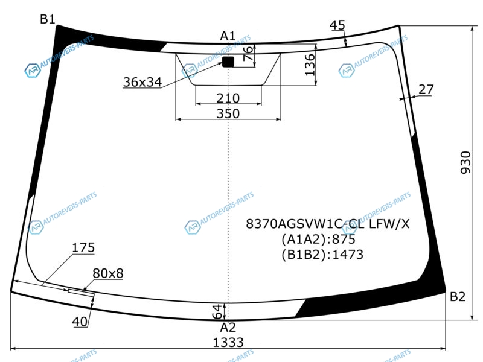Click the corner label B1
click(x=48, y=19)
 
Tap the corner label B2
click(x=458, y=296)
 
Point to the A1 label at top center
click(x=228, y=36)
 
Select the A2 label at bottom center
click(x=228, y=327)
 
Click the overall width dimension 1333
click(x=228, y=342)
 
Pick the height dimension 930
click(x=465, y=162)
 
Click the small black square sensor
click(x=228, y=62)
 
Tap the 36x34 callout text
click(x=142, y=82)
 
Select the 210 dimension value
click(x=228, y=98)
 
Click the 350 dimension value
click(x=228, y=113)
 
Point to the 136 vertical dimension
click(x=310, y=65)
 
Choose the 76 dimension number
click(x=248, y=53)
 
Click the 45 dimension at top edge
click(x=337, y=25)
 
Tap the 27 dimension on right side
click(x=426, y=89)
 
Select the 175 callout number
click(x=83, y=247)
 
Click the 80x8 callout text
click(x=108, y=273)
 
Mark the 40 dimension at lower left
click(x=80, y=322)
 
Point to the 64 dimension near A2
click(x=217, y=311)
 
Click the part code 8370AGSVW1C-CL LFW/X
click(x=328, y=224)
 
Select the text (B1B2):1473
click(x=322, y=255)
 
